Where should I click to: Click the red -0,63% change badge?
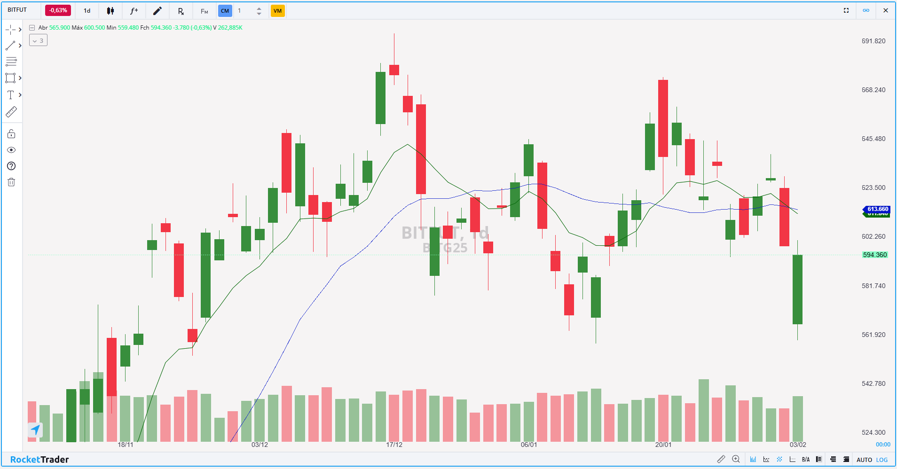coord(58,10)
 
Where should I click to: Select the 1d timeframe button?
coord(87,11)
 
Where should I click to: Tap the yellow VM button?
coord(277,11)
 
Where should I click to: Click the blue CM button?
coord(225,11)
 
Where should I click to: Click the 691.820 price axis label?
coord(873,41)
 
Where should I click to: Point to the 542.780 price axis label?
coord(873,383)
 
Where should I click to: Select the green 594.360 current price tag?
coord(874,255)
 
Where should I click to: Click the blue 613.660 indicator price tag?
coord(877,209)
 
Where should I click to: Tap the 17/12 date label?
coord(394,445)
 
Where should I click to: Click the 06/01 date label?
coord(528,445)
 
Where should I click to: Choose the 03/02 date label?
coord(798,445)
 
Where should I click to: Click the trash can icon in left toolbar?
coord(11,182)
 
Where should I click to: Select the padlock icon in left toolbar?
coord(11,134)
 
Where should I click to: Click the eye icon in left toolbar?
coord(11,150)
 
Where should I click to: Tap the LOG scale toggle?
coord(882,460)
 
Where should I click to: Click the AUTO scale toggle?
coord(864,460)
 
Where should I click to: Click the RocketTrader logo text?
coord(39,459)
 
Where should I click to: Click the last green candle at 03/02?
coord(797,289)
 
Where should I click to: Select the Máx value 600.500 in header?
coord(94,28)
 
